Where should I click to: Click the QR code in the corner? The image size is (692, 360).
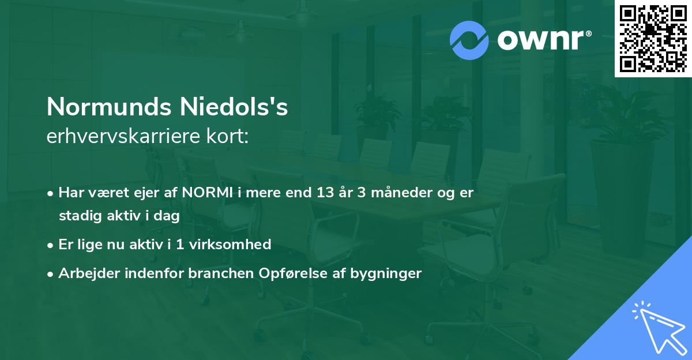653,39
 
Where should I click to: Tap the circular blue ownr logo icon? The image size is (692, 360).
469,40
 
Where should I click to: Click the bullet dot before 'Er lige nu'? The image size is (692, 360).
51,245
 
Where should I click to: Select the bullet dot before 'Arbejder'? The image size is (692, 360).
51,273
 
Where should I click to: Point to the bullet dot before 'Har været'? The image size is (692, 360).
51,193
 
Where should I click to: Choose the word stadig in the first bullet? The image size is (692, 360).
78,216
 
